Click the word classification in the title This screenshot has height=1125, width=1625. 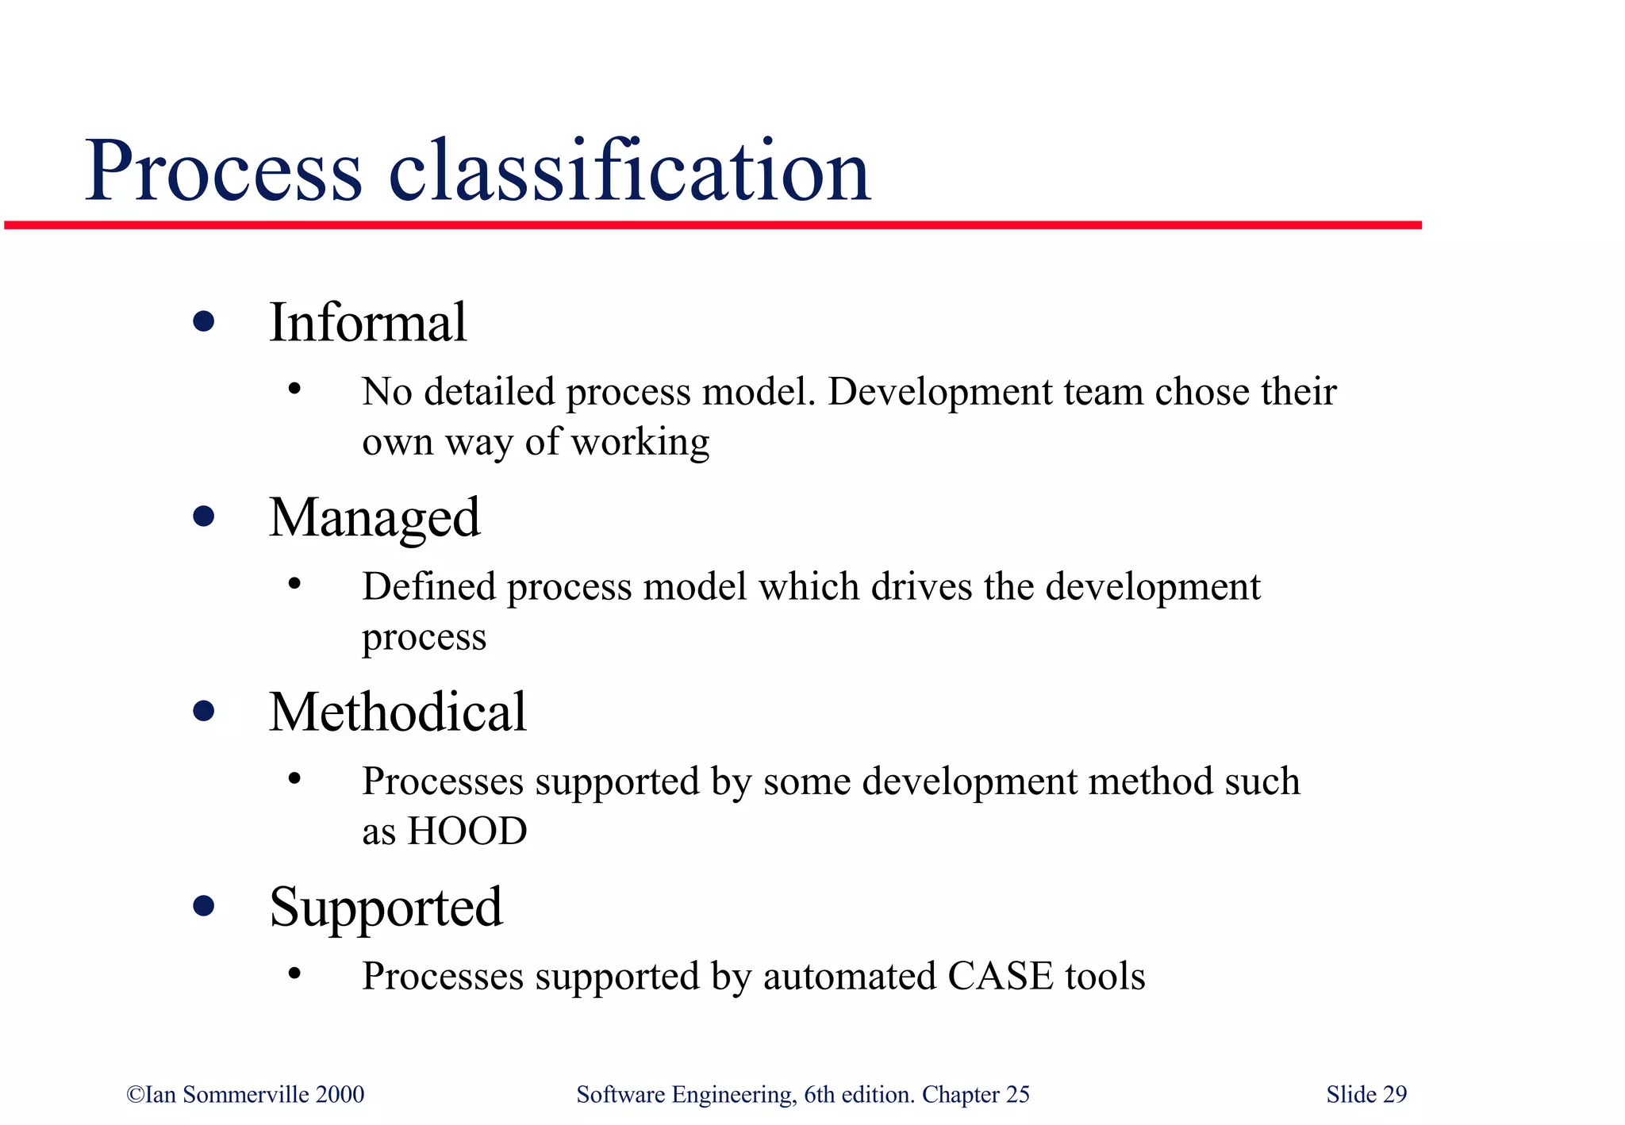coord(630,171)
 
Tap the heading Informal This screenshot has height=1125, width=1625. coord(368,323)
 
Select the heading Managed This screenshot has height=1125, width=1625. coord(375,518)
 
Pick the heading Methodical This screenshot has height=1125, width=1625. coord(398,712)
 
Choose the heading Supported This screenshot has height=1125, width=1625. coord(386,907)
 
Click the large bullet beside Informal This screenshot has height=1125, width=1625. coord(204,322)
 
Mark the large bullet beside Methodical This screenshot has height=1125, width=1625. coord(204,712)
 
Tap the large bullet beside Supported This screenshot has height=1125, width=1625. coord(204,906)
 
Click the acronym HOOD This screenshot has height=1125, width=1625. coord(467,831)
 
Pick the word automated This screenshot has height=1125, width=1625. coord(850,977)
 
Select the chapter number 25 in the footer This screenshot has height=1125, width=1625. coord(1018,1095)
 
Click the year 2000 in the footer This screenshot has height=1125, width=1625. coord(340,1095)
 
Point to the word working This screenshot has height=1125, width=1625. coord(640,443)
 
